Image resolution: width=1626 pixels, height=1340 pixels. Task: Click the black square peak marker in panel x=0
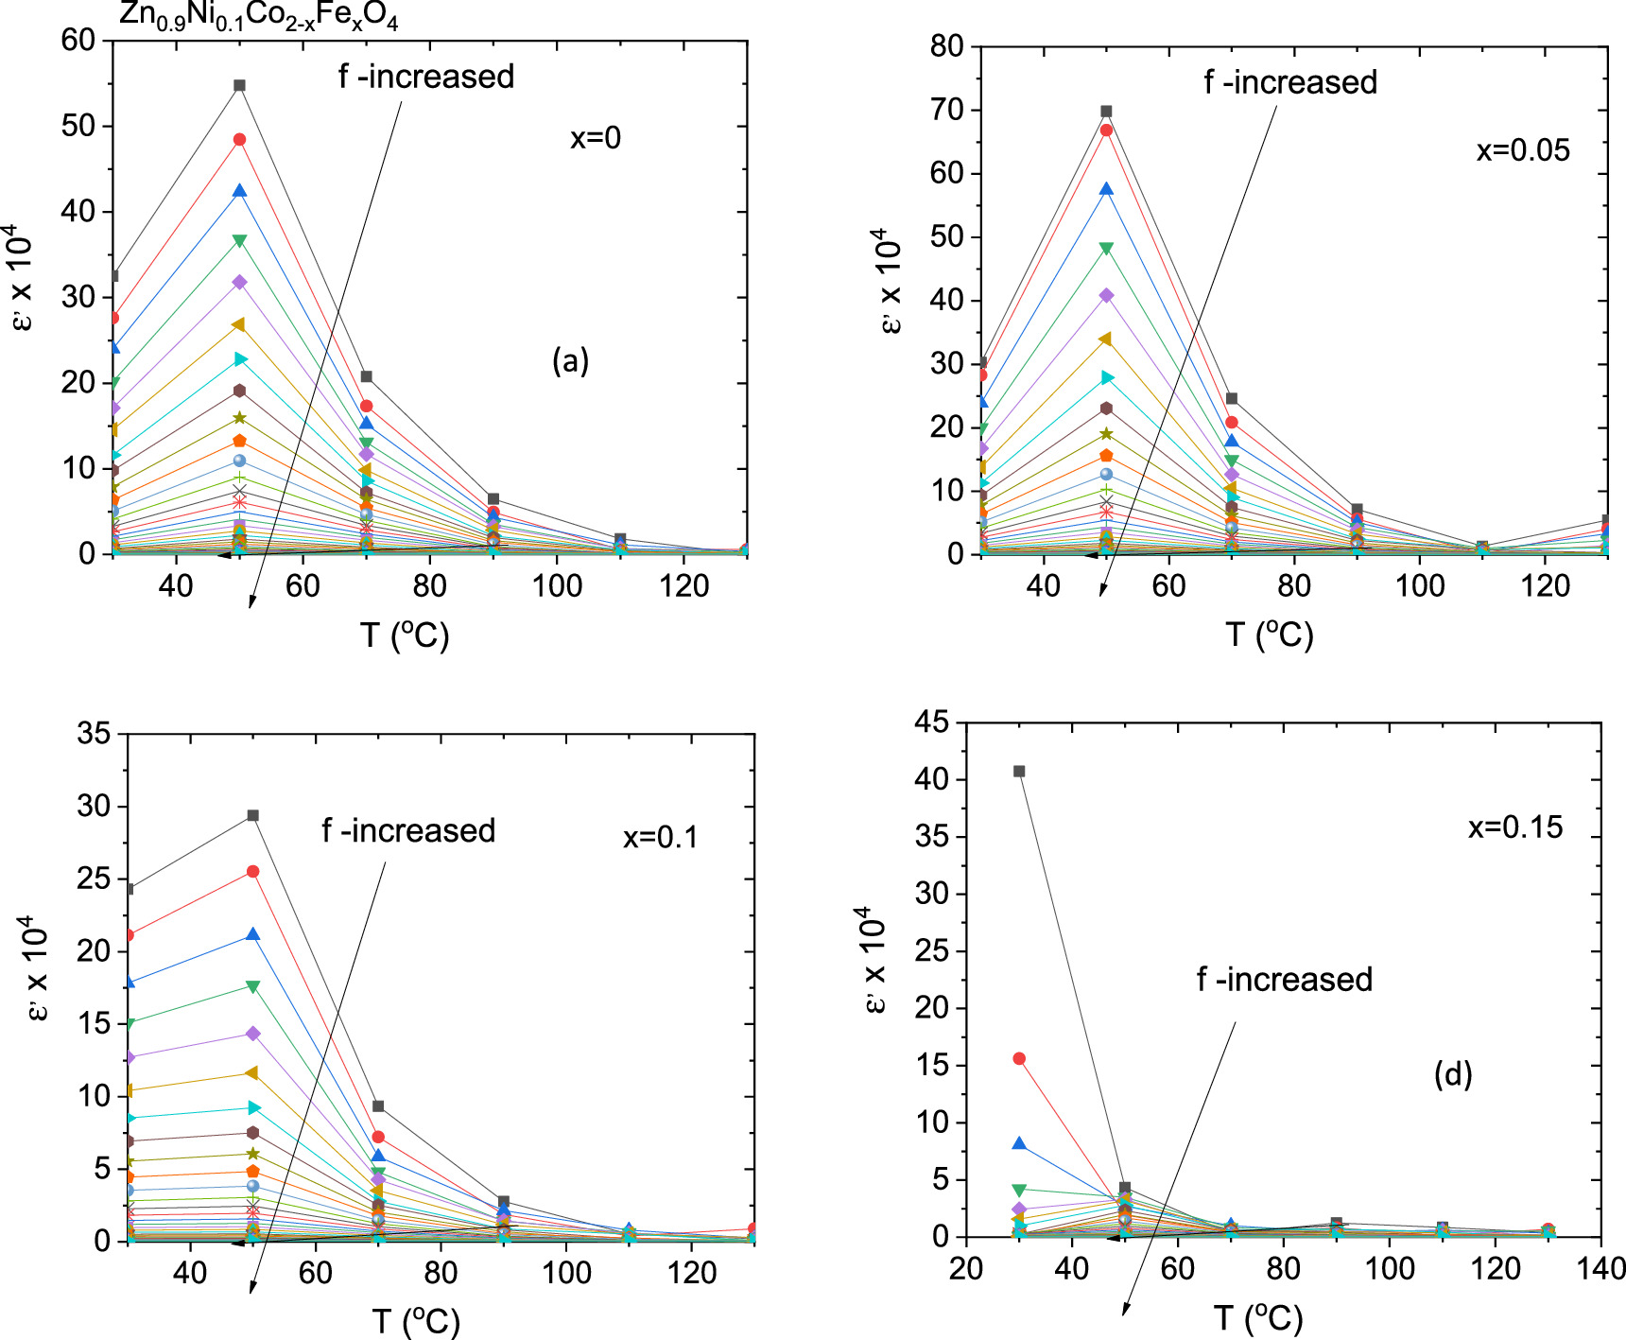[x=239, y=86]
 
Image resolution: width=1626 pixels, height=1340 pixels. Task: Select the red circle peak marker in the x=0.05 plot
[x=1106, y=131]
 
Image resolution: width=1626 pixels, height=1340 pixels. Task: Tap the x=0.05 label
[x=1522, y=150]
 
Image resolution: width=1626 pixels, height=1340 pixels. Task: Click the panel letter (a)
[x=570, y=360]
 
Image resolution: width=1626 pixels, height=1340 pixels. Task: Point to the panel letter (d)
[x=1452, y=1074]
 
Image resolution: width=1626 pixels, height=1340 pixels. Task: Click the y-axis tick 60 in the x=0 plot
[x=78, y=41]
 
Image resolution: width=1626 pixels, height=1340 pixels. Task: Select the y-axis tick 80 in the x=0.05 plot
[x=946, y=46]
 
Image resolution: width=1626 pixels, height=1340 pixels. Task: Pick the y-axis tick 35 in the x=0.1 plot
[x=94, y=734]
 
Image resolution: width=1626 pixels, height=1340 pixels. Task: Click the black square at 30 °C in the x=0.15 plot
[x=1019, y=772]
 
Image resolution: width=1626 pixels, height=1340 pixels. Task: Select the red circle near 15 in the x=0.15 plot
[x=1019, y=1059]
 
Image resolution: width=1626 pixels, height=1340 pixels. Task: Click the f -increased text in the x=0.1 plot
[x=408, y=831]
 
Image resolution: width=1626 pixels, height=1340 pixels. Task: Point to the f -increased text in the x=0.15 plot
[x=1284, y=980]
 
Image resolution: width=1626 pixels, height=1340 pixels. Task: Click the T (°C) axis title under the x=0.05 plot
[x=1269, y=635]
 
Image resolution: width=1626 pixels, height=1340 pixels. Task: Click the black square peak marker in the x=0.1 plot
[x=252, y=816]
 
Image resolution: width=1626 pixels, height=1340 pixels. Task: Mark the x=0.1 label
[x=660, y=838]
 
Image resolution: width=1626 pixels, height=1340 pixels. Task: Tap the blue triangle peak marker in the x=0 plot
[x=239, y=191]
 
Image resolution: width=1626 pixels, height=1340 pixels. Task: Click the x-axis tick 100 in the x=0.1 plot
[x=566, y=1273]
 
